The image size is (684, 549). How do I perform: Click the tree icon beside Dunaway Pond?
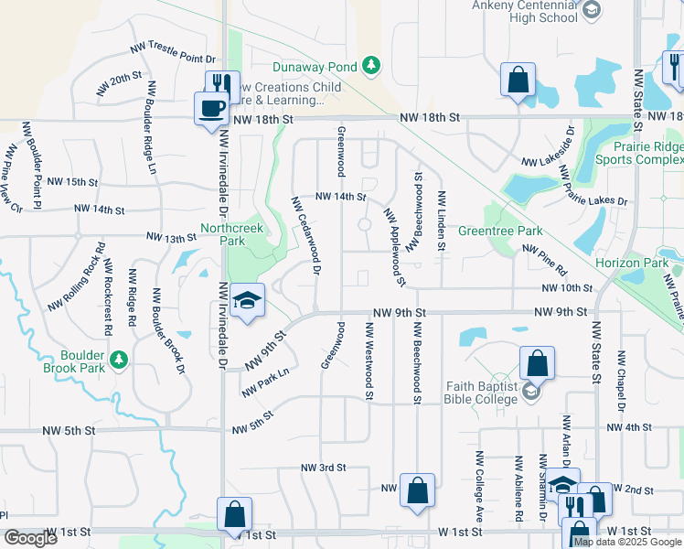point(371,65)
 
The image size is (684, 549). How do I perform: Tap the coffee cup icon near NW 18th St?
point(211,108)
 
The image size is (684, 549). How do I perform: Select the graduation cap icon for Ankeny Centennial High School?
point(592,10)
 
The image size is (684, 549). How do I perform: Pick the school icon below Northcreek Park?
point(246,301)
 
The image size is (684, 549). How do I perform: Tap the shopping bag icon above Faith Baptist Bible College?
point(537,362)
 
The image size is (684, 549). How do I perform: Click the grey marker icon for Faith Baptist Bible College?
point(530,393)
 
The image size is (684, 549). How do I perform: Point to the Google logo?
point(30,538)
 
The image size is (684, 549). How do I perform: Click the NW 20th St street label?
point(116,83)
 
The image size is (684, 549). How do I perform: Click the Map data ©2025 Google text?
point(627,542)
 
